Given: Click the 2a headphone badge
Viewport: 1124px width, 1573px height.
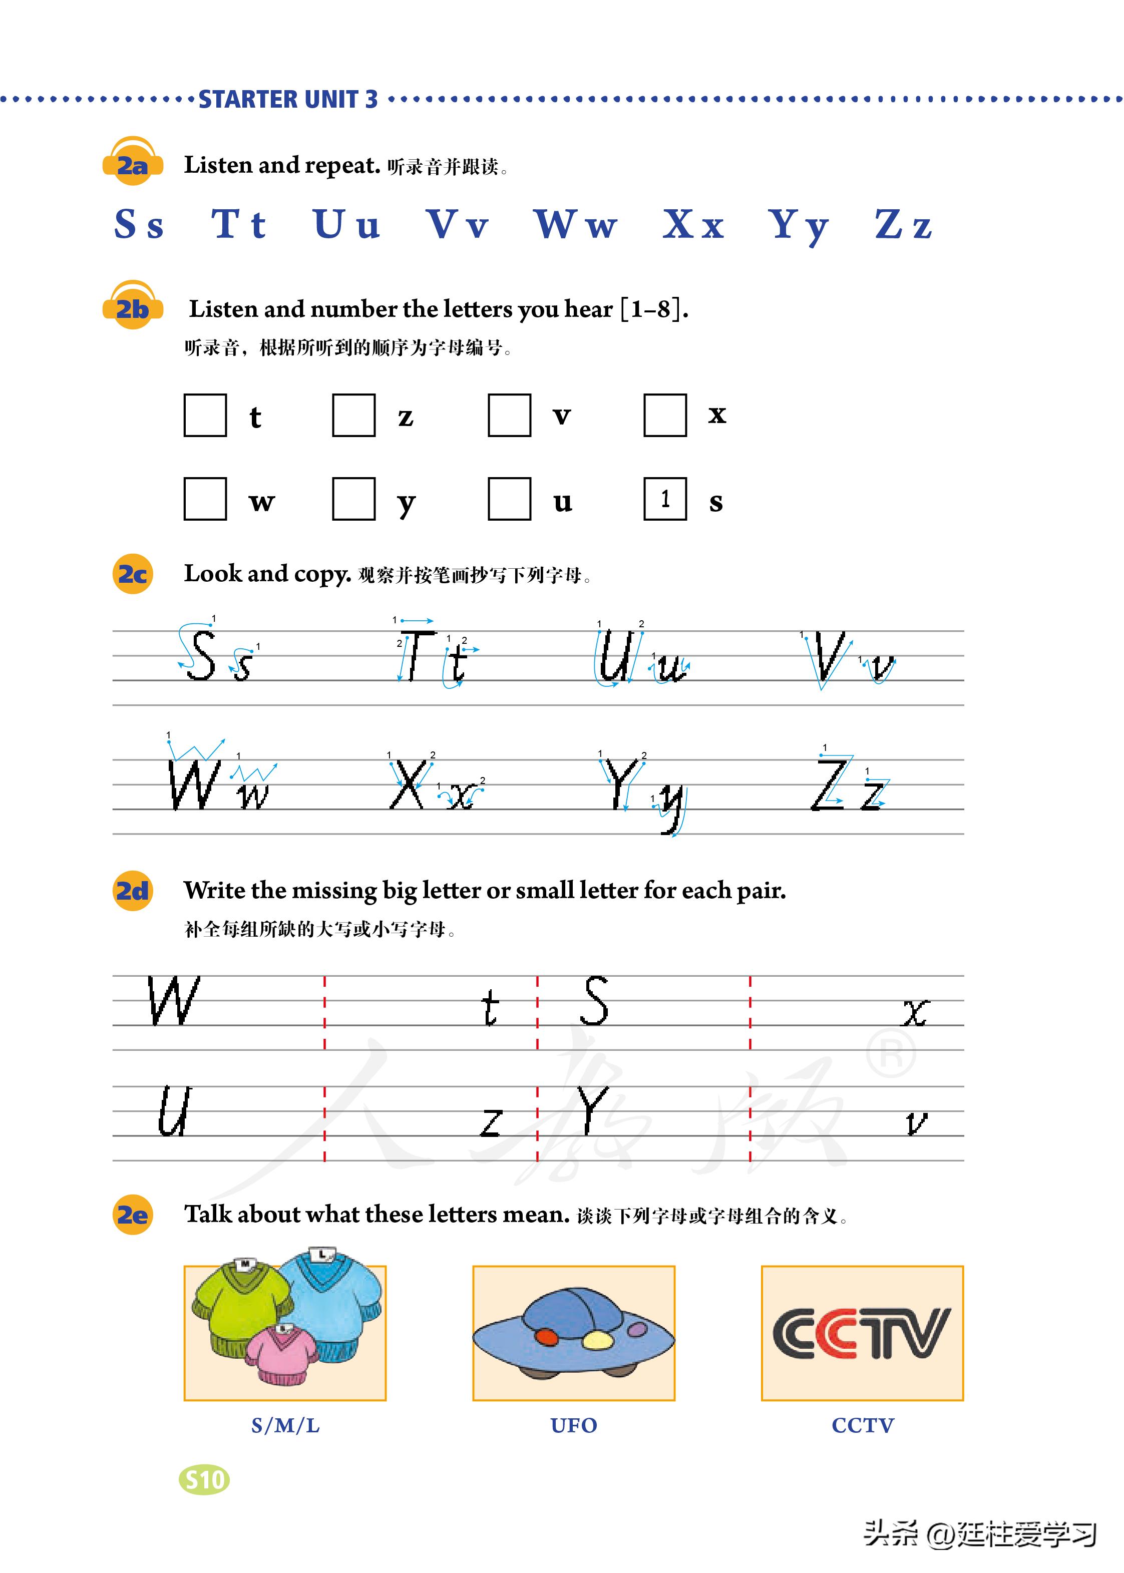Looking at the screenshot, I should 132,163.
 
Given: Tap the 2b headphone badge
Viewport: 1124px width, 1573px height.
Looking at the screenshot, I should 132,306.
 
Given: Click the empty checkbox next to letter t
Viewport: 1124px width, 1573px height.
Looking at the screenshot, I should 205,415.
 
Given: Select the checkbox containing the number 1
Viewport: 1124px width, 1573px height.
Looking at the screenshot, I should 664,498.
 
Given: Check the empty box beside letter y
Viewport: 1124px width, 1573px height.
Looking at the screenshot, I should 353,498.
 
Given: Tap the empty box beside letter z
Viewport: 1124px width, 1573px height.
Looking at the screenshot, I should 353,415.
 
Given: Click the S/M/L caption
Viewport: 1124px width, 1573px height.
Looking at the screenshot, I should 285,1425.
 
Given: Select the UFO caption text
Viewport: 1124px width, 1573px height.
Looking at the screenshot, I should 574,1425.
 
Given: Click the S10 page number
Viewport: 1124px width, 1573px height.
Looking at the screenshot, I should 205,1479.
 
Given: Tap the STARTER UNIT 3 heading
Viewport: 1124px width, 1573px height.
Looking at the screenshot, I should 288,100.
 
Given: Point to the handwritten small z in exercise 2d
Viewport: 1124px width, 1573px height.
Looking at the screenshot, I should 491,1122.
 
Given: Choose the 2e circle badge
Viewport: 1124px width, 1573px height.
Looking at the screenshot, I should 132,1215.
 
